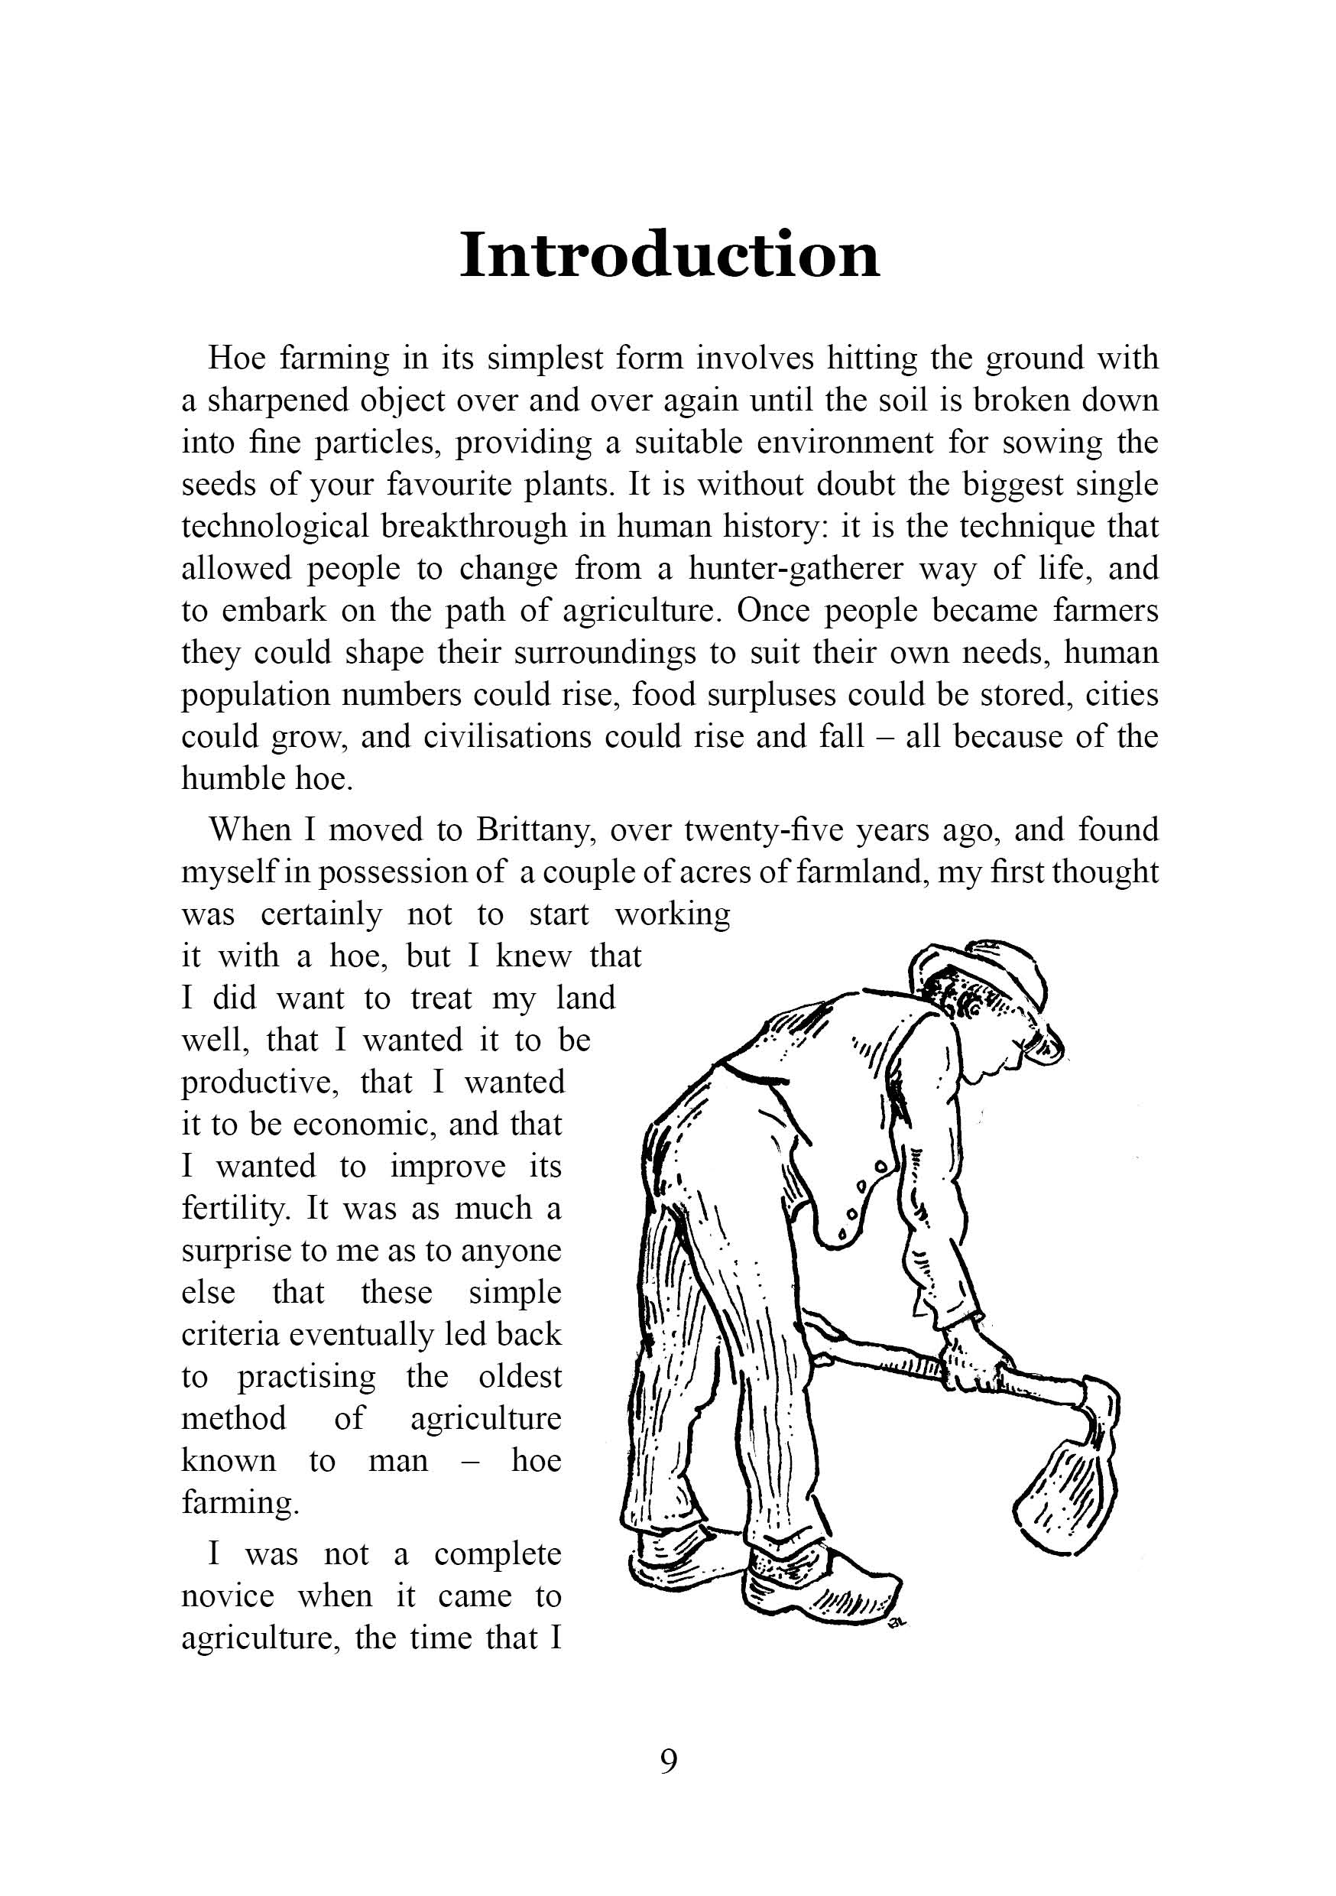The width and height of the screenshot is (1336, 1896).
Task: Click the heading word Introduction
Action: (x=669, y=255)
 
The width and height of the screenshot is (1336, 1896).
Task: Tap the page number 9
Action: (x=669, y=1761)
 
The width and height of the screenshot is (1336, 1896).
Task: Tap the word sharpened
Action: (x=277, y=401)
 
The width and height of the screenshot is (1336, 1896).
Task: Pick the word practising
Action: (x=306, y=1378)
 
